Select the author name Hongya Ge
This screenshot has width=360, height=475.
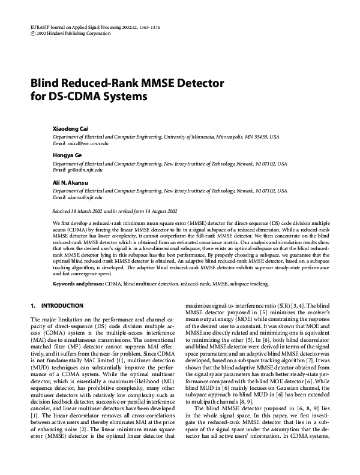coord(66,156)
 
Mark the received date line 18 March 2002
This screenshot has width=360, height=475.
coord(115,211)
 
